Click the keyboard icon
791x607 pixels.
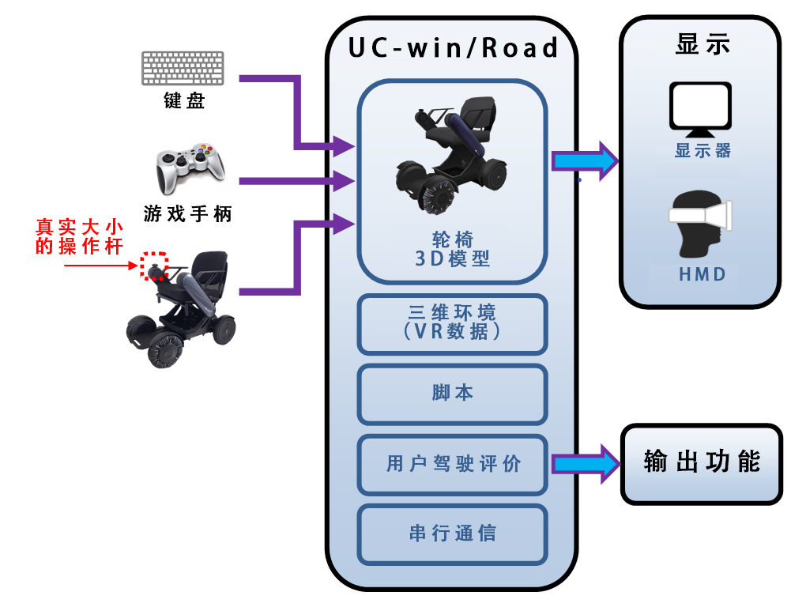[183, 68]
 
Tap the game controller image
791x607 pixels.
[190, 168]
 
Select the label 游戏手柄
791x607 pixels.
[187, 213]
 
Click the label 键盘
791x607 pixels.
[184, 100]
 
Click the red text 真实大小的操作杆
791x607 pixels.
[79, 236]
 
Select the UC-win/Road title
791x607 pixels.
[453, 48]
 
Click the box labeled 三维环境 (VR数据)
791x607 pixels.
[453, 324]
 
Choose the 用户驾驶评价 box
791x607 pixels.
[453, 464]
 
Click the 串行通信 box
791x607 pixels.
[453, 533]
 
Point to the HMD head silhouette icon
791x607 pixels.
[700, 224]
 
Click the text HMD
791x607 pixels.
[702, 274]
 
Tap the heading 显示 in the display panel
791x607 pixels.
[702, 44]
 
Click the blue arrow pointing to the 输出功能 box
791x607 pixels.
[586, 464]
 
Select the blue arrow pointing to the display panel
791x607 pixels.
[586, 161]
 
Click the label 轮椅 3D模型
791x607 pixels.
[453, 249]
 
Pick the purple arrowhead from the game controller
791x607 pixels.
[344, 181]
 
